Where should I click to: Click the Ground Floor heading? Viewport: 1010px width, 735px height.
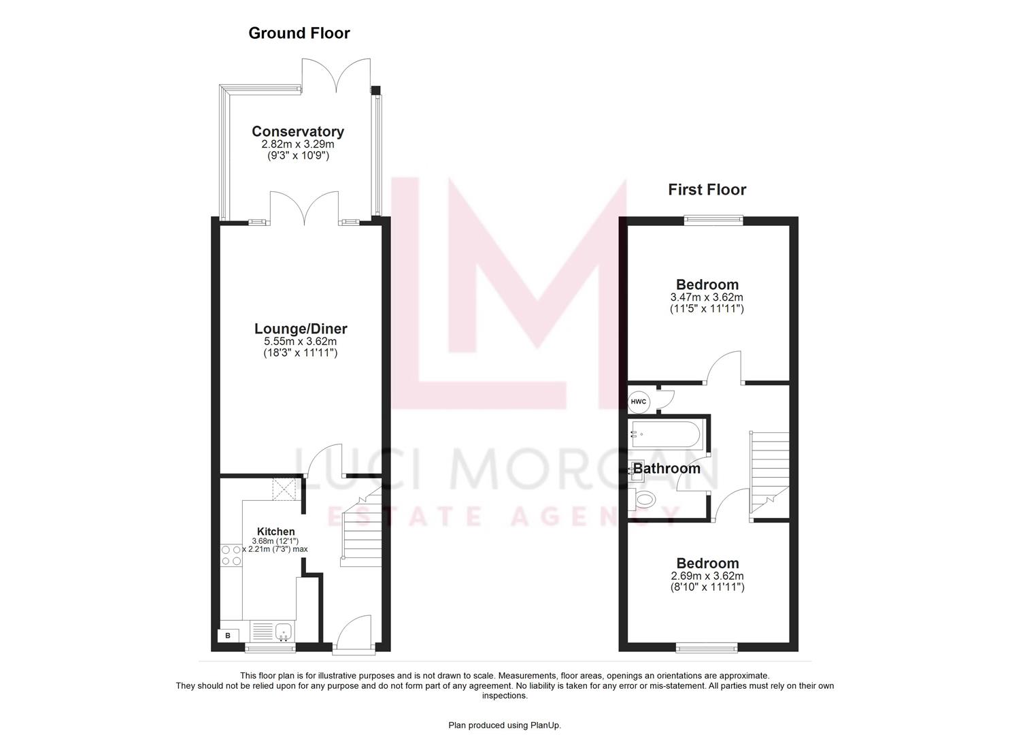(299, 33)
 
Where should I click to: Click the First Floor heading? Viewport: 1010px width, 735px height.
(707, 190)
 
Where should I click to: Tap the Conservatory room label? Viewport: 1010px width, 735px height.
(298, 131)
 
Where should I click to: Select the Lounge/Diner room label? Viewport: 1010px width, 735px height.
(301, 329)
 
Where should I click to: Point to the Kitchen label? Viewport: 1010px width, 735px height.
(275, 532)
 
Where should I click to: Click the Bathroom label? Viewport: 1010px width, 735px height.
(667, 469)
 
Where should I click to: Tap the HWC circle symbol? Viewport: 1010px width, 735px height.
(639, 402)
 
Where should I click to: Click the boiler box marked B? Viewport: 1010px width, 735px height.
(228, 636)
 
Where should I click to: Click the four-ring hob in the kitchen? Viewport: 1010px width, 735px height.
(231, 555)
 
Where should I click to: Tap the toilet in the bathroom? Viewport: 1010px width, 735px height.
(642, 501)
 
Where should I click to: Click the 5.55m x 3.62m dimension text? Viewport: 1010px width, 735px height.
(301, 342)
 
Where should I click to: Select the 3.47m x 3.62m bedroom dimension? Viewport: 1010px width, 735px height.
(707, 297)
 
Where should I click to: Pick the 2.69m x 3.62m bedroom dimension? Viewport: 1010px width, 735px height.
(707, 576)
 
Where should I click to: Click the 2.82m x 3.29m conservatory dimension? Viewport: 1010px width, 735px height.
(298, 145)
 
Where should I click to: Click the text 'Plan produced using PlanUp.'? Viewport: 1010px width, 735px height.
(505, 725)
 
